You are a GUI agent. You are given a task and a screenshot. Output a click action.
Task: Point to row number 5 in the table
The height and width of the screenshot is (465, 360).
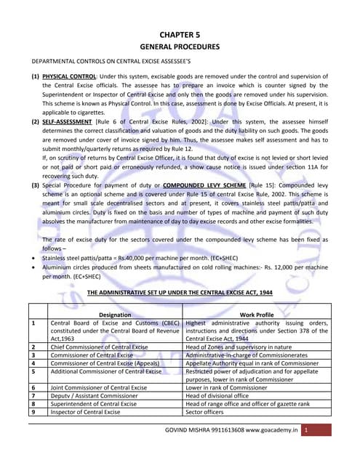tap(33, 371)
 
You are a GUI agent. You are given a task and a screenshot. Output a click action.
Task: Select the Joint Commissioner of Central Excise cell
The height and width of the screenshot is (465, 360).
tap(98, 388)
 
